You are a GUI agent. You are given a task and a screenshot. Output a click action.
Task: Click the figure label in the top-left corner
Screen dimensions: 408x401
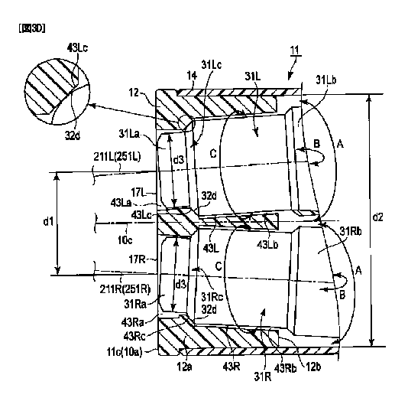[x=32, y=28]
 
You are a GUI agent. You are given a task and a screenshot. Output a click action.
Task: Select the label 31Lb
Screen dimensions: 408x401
[x=326, y=80]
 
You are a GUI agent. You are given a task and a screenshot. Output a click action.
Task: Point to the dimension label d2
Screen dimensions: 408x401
[x=377, y=217]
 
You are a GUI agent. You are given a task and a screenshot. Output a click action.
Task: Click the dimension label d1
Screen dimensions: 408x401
[x=48, y=222]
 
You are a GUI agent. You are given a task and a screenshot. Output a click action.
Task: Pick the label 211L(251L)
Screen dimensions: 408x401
[x=117, y=157]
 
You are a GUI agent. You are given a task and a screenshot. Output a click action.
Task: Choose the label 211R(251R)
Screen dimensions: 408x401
[x=125, y=289]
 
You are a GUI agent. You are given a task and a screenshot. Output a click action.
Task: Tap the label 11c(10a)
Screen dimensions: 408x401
[x=125, y=352]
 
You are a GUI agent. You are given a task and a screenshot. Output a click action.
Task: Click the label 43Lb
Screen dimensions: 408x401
[x=267, y=244]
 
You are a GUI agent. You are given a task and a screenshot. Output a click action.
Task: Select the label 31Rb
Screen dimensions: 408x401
[x=351, y=231]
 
